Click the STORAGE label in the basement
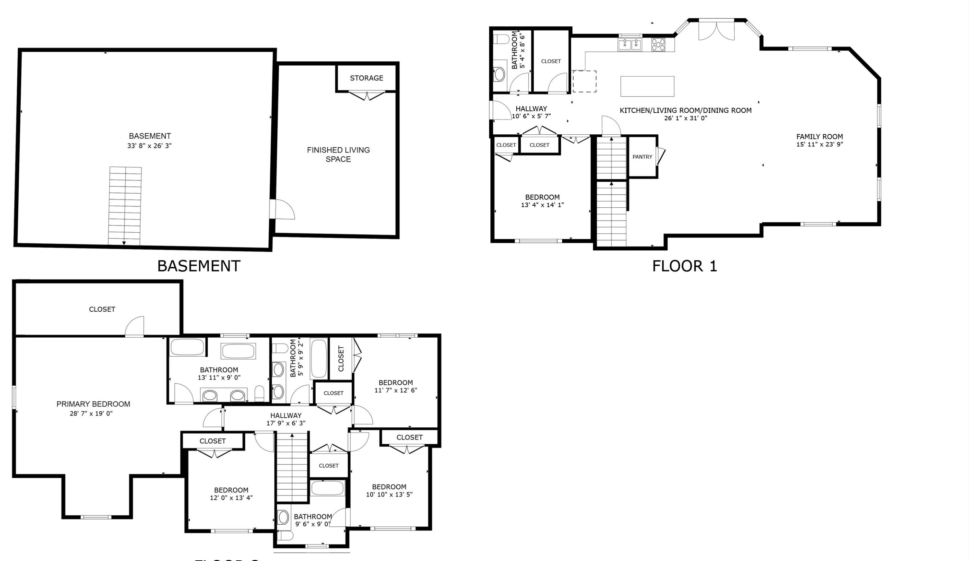point(366,78)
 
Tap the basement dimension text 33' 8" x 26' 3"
point(149,146)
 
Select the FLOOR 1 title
point(685,266)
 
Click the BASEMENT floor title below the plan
point(199,266)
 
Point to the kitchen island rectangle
point(647,86)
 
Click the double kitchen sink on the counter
point(630,45)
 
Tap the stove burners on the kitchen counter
point(658,45)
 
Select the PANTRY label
point(642,157)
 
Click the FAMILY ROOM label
point(819,136)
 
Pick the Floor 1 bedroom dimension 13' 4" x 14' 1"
point(542,205)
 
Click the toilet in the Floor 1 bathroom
point(501,39)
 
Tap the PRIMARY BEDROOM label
point(93,404)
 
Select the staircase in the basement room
point(125,206)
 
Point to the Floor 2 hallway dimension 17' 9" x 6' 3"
point(286,423)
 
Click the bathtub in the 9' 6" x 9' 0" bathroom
point(328,489)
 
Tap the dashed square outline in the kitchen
point(585,81)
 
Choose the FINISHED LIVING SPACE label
point(338,154)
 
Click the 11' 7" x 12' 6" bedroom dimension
point(396,390)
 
